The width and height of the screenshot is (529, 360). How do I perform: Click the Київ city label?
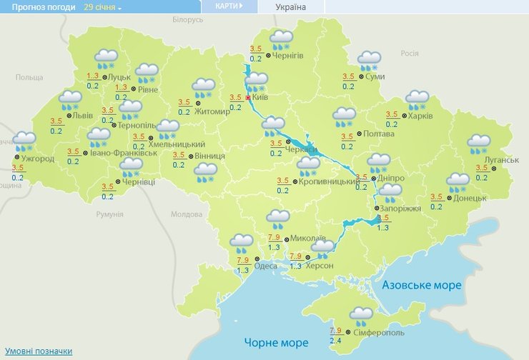pyautogui.click(x=259, y=98)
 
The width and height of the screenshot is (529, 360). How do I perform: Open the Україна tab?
pyautogui.click(x=291, y=7)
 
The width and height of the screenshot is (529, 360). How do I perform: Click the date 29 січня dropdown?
pyautogui.click(x=102, y=6)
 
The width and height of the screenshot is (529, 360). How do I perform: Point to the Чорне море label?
pyautogui.click(x=276, y=341)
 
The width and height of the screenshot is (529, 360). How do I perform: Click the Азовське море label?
pyautogui.click(x=422, y=285)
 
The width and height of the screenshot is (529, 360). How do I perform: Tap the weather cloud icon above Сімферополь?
pyautogui.click(x=361, y=315)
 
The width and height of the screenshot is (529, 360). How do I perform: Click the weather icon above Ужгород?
pyautogui.click(x=24, y=140)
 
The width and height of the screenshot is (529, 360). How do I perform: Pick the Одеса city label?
pyautogui.click(x=266, y=266)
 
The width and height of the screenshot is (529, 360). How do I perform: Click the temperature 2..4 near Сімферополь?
pyautogui.click(x=335, y=340)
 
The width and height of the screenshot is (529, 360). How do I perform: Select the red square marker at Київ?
pyautogui.click(x=248, y=98)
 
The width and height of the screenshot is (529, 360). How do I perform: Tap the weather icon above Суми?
pyautogui.click(x=369, y=61)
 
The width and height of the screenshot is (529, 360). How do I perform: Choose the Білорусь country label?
pyautogui.click(x=187, y=20)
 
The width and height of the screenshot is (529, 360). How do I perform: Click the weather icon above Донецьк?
pyautogui.click(x=458, y=182)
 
